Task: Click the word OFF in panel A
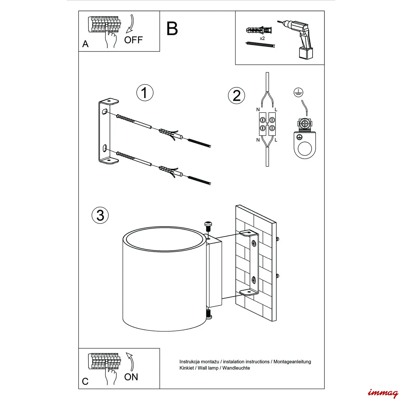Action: pyautogui.click(x=133, y=40)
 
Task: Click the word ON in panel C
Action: pyautogui.click(x=131, y=377)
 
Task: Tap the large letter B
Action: pyautogui.click(x=172, y=29)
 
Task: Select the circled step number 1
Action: pyautogui.click(x=145, y=93)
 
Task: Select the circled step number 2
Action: pyautogui.click(x=236, y=96)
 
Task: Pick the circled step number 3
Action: pyautogui.click(x=100, y=215)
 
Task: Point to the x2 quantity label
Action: pyautogui.click(x=262, y=38)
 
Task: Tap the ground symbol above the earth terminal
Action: pyautogui.click(x=298, y=92)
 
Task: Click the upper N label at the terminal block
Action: pyautogui.click(x=258, y=110)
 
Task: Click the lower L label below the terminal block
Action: pyautogui.click(x=276, y=140)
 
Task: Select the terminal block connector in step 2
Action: pyautogui.click(x=267, y=124)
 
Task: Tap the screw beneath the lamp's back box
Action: pyautogui.click(x=209, y=314)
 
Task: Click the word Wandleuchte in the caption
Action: pyautogui.click(x=236, y=368)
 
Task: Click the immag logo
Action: pyautogui.click(x=383, y=393)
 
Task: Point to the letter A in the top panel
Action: pyautogui.click(x=85, y=44)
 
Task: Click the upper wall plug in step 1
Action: pyautogui.click(x=169, y=134)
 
